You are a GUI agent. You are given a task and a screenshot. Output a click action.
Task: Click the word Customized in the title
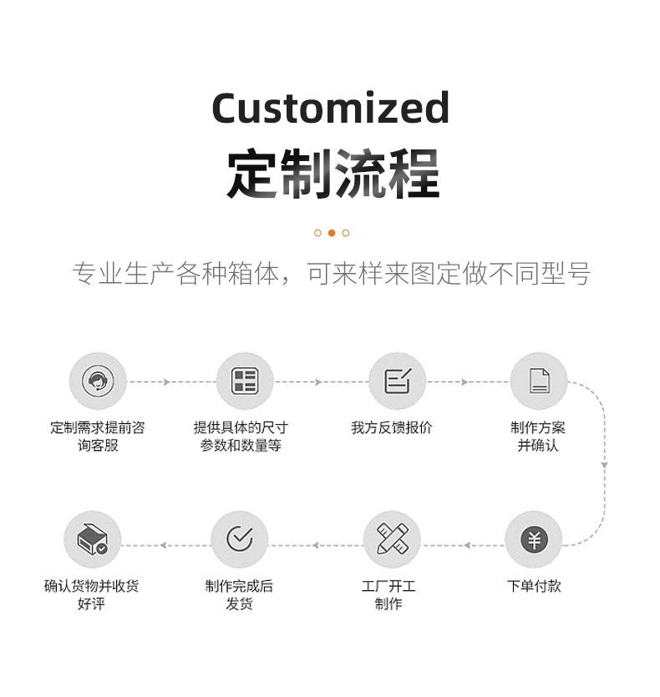[330, 108]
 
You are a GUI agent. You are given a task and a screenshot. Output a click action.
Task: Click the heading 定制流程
[333, 174]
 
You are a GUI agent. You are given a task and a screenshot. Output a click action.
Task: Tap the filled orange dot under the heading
[332, 233]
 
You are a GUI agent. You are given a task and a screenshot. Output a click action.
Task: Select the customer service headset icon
[97, 381]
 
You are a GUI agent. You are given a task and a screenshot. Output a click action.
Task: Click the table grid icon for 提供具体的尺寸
[245, 381]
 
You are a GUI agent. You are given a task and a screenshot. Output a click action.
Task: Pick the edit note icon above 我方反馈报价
[397, 381]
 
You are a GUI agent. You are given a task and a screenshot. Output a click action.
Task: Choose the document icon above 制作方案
[539, 381]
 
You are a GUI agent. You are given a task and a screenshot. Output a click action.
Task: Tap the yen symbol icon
[534, 540]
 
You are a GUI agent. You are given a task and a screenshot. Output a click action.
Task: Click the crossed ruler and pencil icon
[392, 540]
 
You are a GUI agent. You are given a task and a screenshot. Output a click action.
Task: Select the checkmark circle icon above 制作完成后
[240, 540]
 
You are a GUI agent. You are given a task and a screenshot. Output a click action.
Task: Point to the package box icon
[92, 540]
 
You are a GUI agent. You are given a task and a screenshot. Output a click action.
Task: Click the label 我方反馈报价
[392, 427]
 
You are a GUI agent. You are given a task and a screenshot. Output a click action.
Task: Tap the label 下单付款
[534, 586]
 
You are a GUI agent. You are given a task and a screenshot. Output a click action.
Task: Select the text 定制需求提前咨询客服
[97, 437]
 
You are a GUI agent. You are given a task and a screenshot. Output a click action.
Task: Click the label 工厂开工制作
[388, 595]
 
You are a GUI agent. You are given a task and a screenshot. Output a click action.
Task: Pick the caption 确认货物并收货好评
[92, 595]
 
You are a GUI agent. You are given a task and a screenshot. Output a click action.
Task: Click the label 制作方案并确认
[538, 437]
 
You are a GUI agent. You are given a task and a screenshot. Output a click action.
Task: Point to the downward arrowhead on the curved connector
[604, 465]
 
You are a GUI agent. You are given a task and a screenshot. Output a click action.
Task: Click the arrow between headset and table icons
[166, 381]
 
